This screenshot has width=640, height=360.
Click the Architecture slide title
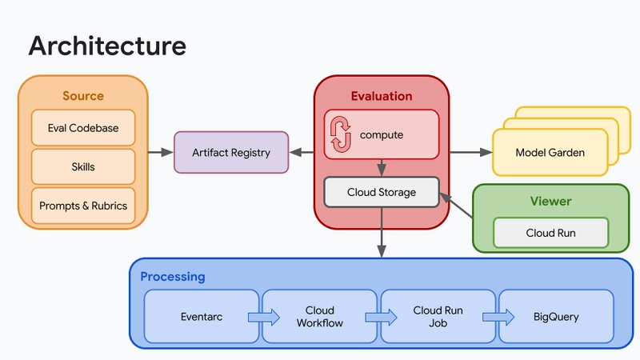pyautogui.click(x=107, y=46)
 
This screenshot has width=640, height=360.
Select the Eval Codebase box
pyautogui.click(x=83, y=128)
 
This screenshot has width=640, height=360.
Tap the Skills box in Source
pyautogui.click(x=83, y=166)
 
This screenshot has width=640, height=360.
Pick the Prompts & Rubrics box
pyautogui.click(x=83, y=206)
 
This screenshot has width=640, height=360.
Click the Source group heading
pyautogui.click(x=83, y=96)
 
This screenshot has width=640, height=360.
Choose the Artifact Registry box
pyautogui.click(x=231, y=152)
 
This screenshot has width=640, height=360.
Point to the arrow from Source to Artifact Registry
pyautogui.click(x=161, y=152)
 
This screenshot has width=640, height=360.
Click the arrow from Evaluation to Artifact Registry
pyautogui.click(x=302, y=152)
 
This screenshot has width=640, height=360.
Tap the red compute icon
pyautogui.click(x=341, y=134)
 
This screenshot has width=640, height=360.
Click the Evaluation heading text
pyautogui.click(x=382, y=96)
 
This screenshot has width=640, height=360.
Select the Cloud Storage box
pyautogui.click(x=382, y=192)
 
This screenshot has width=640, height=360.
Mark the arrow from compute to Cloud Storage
pyautogui.click(x=382, y=168)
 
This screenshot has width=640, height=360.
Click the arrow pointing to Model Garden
pyautogui.click(x=471, y=152)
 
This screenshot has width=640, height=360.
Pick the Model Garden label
pyautogui.click(x=550, y=153)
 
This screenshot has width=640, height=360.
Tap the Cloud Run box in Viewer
pyautogui.click(x=551, y=233)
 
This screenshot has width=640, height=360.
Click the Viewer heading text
pyautogui.click(x=550, y=202)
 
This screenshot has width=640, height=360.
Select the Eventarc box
pyautogui.click(x=202, y=317)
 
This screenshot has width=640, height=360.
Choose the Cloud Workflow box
pyautogui.click(x=319, y=317)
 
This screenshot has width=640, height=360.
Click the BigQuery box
pyautogui.click(x=556, y=317)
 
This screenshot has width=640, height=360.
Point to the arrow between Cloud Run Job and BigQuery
pyautogui.click(x=498, y=317)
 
